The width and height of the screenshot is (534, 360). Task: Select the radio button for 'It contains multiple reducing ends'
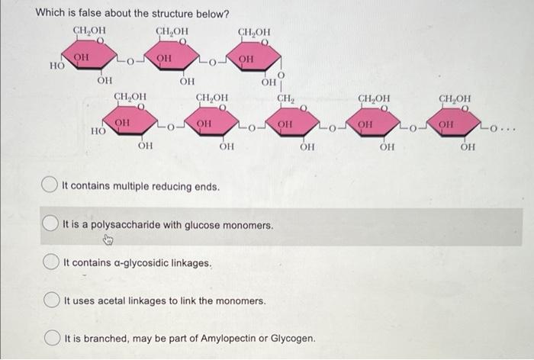[x=51, y=186]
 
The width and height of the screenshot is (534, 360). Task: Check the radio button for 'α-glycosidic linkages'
[x=51, y=263]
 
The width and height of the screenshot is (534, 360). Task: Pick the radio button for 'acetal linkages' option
[x=51, y=301]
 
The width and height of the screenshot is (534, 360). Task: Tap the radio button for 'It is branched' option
[x=51, y=337]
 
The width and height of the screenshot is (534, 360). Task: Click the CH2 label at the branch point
[x=286, y=98]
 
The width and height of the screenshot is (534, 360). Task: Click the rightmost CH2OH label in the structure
[x=455, y=98]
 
